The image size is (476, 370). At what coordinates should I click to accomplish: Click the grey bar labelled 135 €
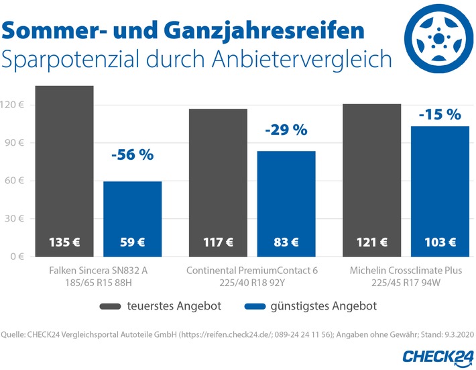click(x=64, y=171)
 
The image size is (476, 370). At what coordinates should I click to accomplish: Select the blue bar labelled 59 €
click(x=132, y=219)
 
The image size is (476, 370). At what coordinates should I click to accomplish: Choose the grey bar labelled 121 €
click(x=371, y=180)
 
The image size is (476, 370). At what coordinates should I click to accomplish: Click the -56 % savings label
click(x=132, y=154)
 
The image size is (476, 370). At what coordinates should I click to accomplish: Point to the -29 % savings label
click(x=286, y=130)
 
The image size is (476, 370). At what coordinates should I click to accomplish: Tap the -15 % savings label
click(x=439, y=114)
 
